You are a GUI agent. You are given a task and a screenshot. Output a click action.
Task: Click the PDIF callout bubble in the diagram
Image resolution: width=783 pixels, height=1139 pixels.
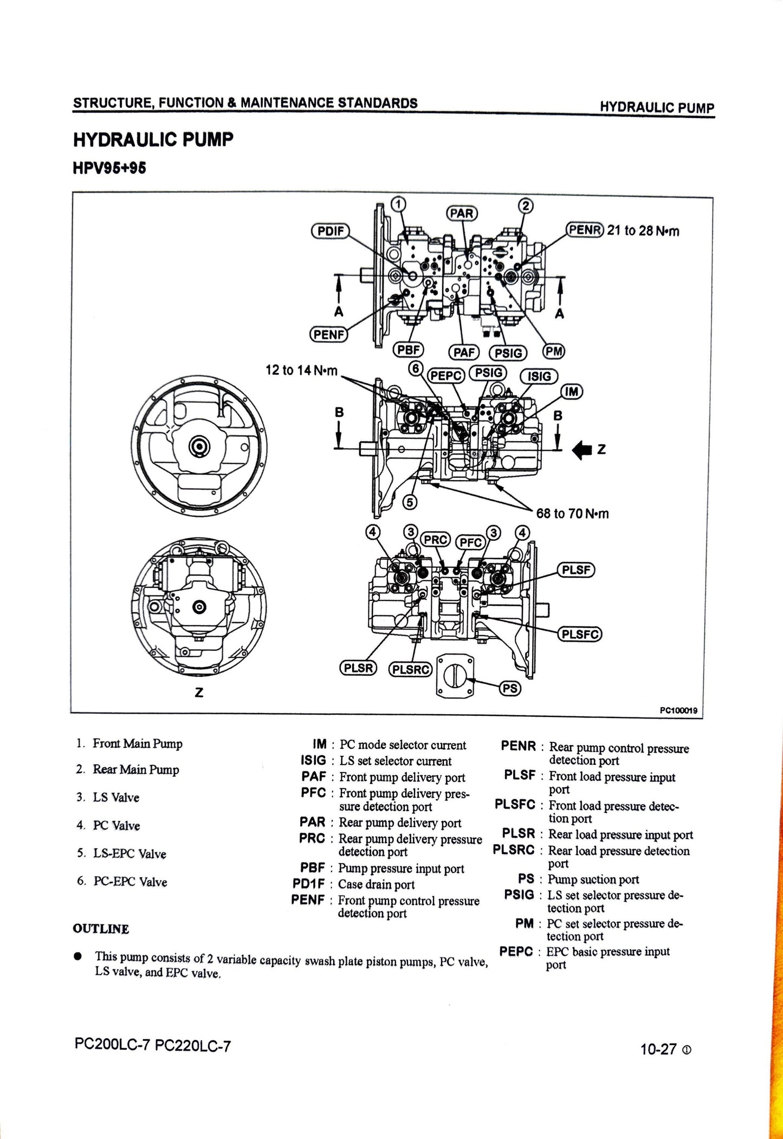point(331,230)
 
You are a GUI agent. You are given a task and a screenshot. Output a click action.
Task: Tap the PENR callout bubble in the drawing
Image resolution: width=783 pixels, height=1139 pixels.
point(584,230)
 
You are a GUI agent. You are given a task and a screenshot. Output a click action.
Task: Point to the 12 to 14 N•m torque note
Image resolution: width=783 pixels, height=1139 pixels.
point(301,370)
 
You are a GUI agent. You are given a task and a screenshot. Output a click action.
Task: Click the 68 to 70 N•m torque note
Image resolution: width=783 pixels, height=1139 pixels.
point(572,513)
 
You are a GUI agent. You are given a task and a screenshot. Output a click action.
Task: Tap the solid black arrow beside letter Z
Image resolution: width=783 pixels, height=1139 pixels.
point(583,449)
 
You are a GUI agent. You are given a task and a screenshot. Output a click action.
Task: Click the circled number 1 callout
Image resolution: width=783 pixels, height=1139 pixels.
point(398,204)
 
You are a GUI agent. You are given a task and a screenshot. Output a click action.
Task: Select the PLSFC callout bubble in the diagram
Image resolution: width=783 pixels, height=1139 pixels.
point(580,634)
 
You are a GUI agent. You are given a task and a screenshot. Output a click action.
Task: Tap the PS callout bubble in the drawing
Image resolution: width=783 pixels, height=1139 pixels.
point(510,688)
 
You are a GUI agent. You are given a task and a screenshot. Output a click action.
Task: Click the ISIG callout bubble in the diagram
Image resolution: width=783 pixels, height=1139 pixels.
point(539,376)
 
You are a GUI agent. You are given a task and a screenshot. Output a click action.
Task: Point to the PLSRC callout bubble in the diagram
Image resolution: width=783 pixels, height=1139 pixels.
point(410,670)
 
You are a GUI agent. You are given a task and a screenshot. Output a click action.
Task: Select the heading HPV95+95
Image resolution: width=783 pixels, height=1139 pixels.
point(109,169)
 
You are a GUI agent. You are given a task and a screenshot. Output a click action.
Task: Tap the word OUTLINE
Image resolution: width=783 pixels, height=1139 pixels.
point(101,929)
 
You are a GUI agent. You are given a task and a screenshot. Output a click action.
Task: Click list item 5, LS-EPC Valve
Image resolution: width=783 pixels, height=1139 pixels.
point(129,853)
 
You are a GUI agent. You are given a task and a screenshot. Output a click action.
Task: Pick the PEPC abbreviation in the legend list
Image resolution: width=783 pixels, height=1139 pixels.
point(516,952)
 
